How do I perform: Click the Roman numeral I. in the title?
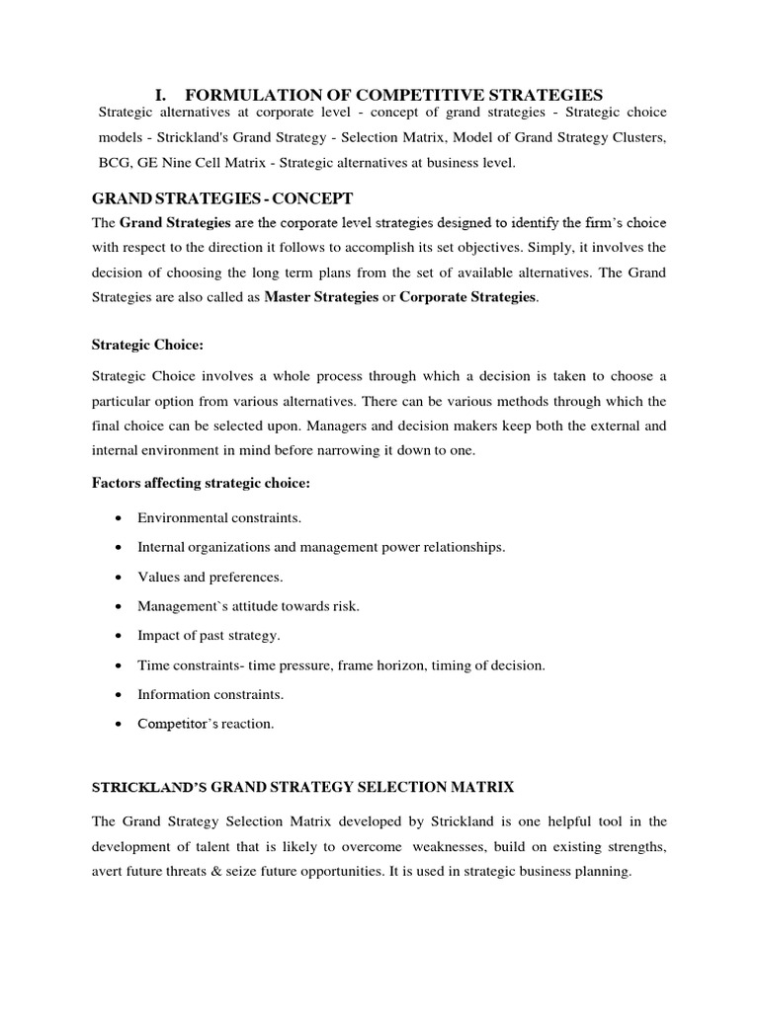coord(162,95)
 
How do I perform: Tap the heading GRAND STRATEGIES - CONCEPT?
coord(221,198)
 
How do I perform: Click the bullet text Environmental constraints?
coord(219,517)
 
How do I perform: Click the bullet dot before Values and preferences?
coord(119,577)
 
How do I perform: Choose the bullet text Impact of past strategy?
coord(209,635)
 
